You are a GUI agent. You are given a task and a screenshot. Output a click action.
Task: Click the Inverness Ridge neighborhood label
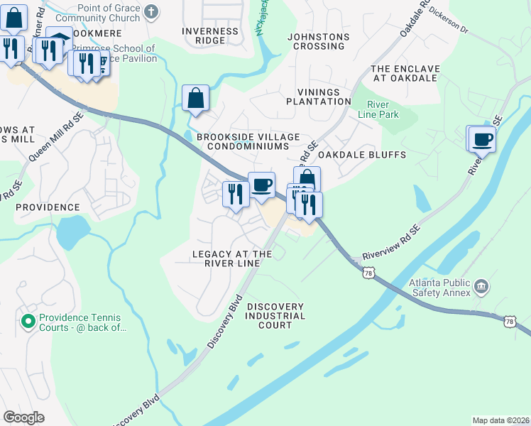(210, 35)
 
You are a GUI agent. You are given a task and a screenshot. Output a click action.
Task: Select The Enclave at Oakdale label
(405, 73)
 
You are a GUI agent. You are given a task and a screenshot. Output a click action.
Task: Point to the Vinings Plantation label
(319, 97)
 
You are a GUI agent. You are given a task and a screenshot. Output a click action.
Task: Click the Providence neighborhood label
(48, 207)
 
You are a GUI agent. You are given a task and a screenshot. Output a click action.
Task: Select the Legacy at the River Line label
(232, 258)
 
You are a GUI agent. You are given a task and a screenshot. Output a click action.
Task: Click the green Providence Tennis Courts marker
(28, 322)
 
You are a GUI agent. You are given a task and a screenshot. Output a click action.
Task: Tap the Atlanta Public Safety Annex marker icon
(481, 286)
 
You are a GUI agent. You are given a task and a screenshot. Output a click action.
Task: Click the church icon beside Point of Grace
(150, 11)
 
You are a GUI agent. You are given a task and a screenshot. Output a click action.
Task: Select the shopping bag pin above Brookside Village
(195, 99)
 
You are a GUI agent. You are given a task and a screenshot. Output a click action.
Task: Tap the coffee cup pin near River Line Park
(482, 139)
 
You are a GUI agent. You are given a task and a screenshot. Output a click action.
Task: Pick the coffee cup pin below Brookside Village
(261, 185)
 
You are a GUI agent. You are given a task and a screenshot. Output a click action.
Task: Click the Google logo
(23, 417)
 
